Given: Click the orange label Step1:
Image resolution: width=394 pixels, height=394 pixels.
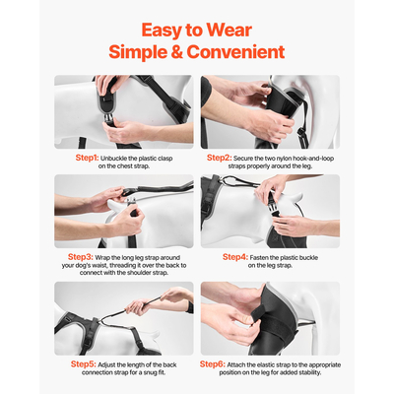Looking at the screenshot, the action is click(x=87, y=158).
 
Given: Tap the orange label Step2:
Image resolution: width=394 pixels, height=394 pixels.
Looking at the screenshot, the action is click(x=220, y=158).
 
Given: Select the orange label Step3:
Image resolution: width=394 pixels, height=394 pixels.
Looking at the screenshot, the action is click(x=81, y=257).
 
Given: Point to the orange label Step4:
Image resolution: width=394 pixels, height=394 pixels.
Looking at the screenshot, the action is click(x=235, y=257).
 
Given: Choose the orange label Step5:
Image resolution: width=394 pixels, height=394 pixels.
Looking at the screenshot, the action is click(x=84, y=364).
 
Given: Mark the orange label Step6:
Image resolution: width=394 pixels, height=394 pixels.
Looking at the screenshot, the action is click(x=213, y=364).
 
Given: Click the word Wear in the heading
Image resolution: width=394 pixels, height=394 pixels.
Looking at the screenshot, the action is click(x=230, y=31).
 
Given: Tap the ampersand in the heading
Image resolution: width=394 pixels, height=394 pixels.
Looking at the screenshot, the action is click(x=176, y=52).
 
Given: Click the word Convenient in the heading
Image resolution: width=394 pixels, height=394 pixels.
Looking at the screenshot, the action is click(x=235, y=52).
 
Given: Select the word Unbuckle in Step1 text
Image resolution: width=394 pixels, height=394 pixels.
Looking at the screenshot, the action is click(x=114, y=159).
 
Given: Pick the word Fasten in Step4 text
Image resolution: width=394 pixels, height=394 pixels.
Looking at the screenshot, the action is click(x=259, y=258).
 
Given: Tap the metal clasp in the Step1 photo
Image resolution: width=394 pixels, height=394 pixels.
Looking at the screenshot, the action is click(x=108, y=117).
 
